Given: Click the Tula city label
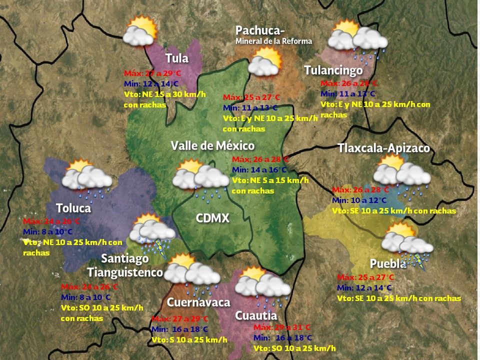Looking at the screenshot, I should click(176, 58).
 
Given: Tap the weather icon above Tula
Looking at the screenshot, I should click(139, 31).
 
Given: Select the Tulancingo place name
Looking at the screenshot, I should click(333, 70).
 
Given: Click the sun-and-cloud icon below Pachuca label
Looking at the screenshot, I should click(265, 62).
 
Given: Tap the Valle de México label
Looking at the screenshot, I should click(212, 145).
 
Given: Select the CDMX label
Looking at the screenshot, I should click(212, 218).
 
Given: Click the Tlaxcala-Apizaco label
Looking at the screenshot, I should click(383, 148).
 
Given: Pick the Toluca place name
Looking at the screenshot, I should click(73, 208).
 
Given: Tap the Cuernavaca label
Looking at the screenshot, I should click(198, 302).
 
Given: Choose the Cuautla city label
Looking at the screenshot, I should click(256, 315).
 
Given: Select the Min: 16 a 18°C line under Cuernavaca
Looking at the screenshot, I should click(180, 329).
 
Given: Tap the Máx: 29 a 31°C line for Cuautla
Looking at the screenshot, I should click(282, 327).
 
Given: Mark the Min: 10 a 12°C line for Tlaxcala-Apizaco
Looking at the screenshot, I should click(359, 200).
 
